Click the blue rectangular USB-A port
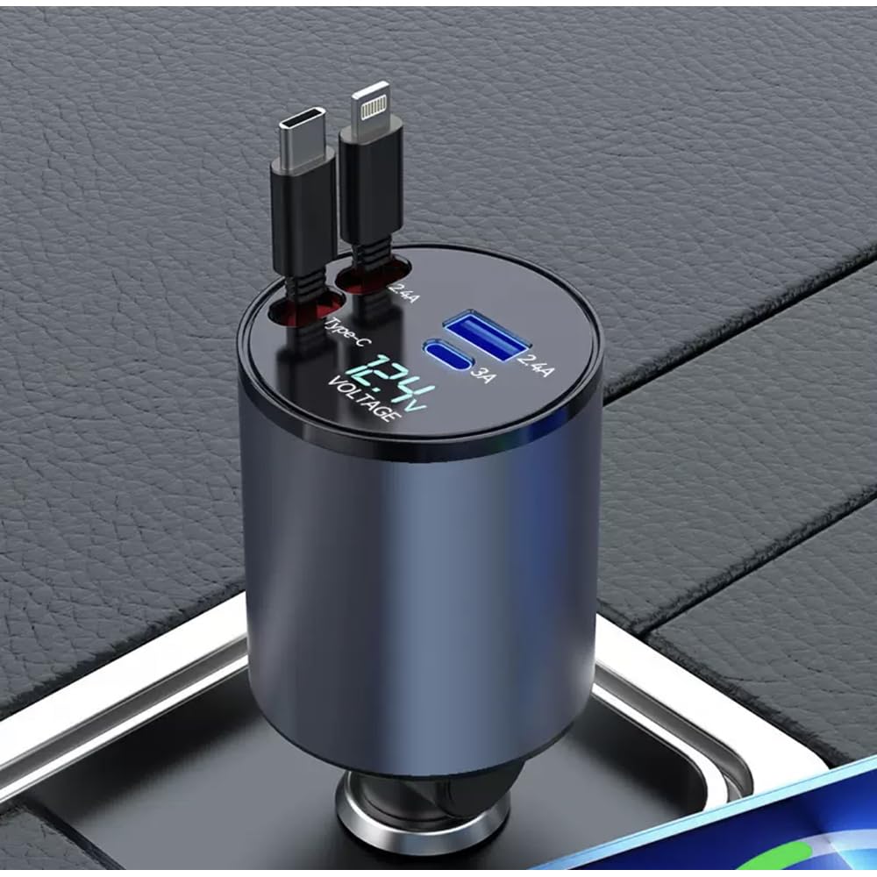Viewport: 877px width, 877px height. [x=479, y=334]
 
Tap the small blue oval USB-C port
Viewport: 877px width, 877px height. [x=449, y=357]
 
